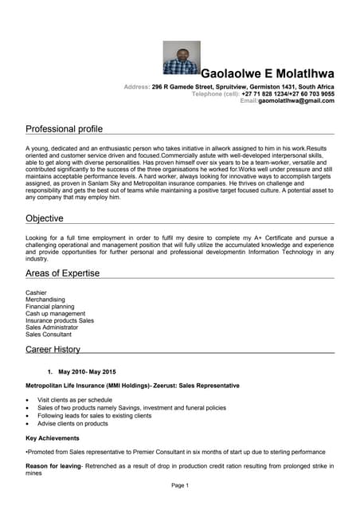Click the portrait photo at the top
[181, 58]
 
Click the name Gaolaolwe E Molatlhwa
[268, 74]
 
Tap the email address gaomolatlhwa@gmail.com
[295, 101]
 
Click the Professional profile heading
[64, 128]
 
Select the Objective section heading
[45, 218]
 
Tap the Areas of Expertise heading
[62, 273]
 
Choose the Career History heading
[53, 349]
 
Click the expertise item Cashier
[37, 292]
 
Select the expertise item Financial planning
[50, 307]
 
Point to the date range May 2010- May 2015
[87, 372]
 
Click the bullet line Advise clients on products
[72, 424]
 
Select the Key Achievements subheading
[53, 438]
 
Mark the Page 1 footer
[180, 485]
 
